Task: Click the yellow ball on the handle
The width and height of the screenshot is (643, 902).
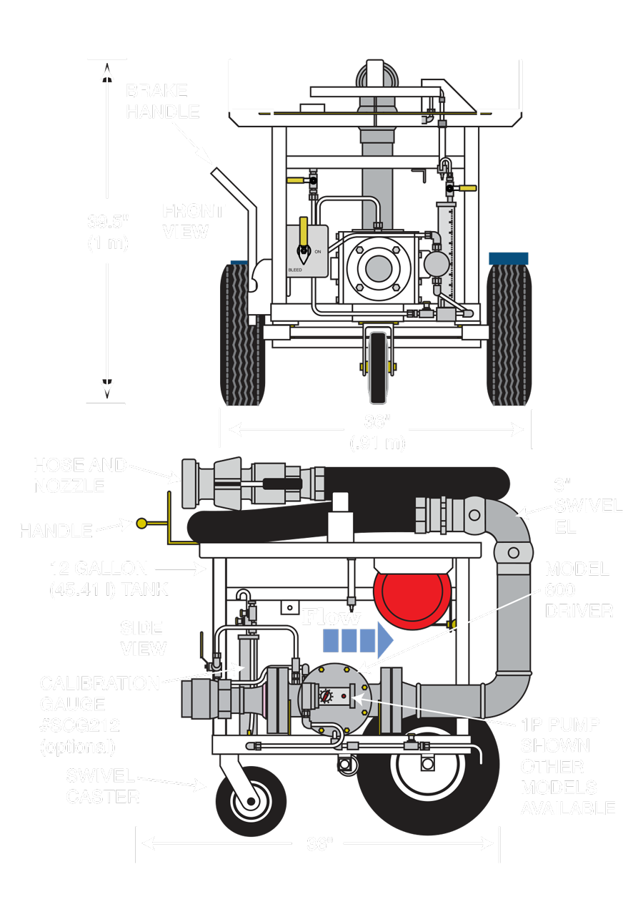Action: [141, 524]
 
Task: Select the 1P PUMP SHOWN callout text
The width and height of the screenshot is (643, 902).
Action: [568, 765]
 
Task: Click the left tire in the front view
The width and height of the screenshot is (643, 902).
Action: [242, 333]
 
